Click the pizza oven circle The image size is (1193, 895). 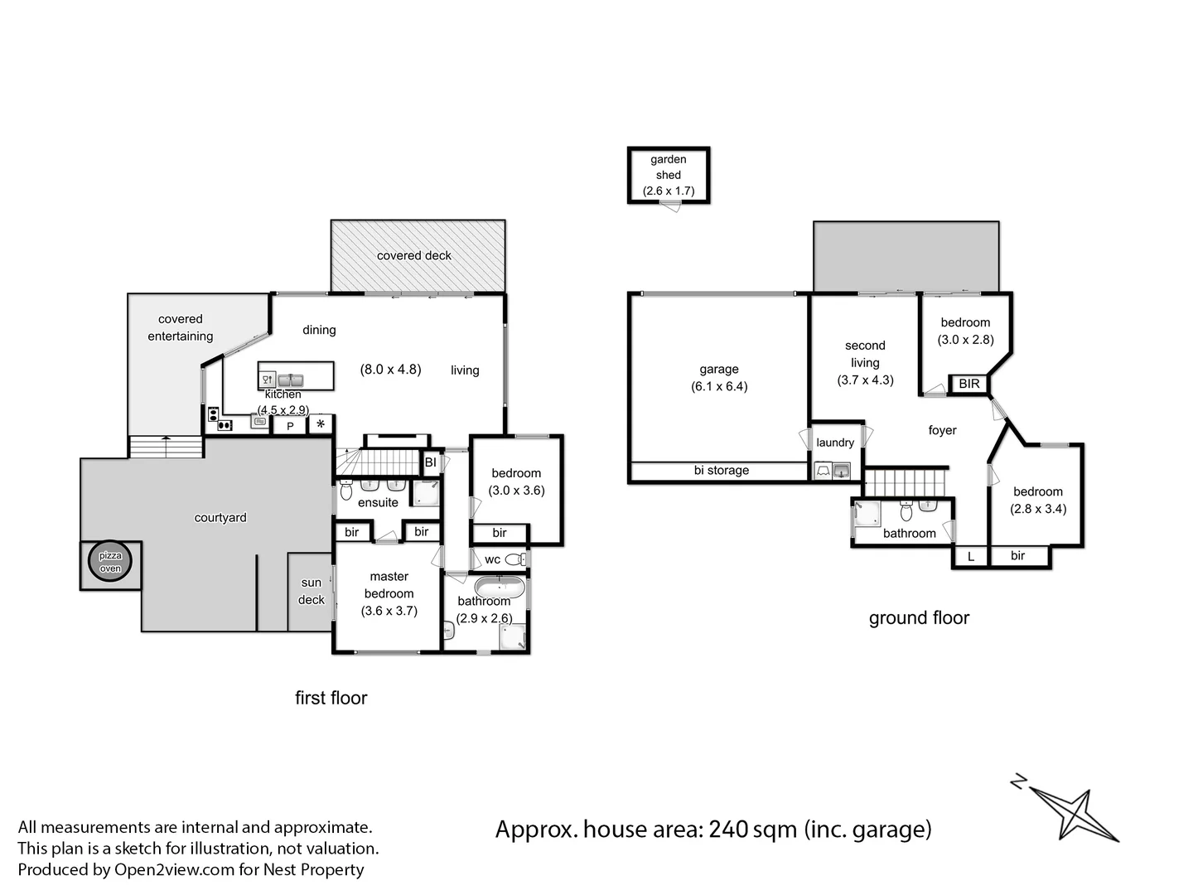110,564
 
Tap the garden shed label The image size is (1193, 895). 668,167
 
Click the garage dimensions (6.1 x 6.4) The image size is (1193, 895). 719,386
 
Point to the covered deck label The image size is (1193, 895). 413,255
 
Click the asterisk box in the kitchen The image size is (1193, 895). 321,425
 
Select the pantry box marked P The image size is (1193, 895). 290,426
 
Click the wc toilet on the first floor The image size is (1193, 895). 515,559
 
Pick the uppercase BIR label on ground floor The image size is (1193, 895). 968,384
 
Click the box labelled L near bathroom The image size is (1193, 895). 971,557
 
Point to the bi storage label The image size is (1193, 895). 721,470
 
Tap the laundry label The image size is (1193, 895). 834,443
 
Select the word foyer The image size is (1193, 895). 942,430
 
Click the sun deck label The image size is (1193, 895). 312,591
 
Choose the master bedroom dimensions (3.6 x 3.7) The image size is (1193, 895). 389,611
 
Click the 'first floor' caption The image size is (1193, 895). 331,698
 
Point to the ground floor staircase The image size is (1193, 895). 905,481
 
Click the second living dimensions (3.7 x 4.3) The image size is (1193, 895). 865,380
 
